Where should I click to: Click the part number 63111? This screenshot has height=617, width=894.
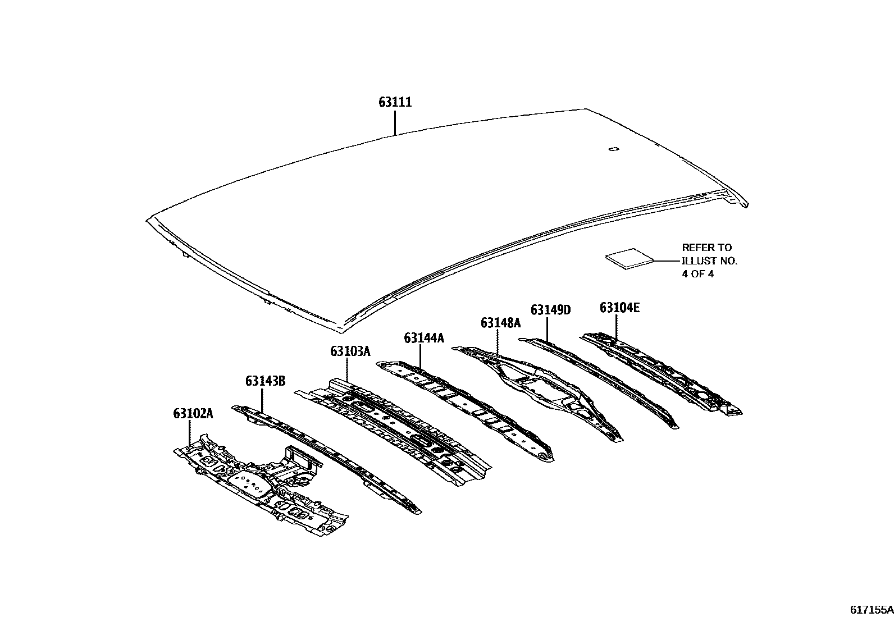[395, 102]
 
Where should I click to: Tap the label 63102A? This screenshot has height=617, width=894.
[193, 414]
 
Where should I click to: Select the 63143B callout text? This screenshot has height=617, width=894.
[265, 382]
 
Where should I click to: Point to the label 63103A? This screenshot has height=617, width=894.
[350, 351]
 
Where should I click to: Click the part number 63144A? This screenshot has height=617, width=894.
[424, 337]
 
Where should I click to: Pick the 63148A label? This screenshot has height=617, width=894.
[500, 323]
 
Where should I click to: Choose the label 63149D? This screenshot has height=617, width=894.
[550, 309]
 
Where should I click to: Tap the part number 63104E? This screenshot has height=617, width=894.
[619, 307]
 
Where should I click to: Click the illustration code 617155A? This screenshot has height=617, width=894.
[870, 609]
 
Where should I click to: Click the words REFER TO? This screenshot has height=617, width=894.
[707, 247]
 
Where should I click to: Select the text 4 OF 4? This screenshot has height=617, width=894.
[697, 275]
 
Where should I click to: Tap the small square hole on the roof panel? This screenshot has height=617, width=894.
[613, 149]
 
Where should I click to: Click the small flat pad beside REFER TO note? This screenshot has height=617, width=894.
[630, 258]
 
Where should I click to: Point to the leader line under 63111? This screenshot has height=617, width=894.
[395, 123]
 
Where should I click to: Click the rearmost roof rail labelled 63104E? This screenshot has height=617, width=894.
[663, 371]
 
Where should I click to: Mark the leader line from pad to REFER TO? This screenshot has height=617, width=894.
[667, 261]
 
